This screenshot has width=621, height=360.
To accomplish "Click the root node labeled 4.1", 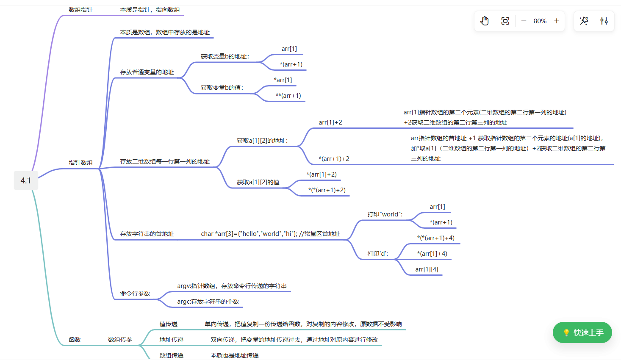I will tap(26, 180).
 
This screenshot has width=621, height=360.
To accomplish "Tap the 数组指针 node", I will tap(80, 10).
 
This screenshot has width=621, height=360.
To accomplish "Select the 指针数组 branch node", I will tap(80, 163).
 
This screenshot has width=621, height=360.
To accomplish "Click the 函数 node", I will tap(75, 340).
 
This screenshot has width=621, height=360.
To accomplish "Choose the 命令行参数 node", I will tap(135, 294).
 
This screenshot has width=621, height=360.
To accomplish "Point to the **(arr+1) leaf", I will tap(288, 96).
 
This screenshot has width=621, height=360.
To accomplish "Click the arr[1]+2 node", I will tap(330, 122).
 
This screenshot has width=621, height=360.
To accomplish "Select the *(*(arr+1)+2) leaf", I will tap(327, 190).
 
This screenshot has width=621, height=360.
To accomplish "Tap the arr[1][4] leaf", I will tap(427, 269).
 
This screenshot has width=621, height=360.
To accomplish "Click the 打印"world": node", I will tap(385, 214).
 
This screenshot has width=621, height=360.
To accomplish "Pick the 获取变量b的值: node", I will tap(222, 88).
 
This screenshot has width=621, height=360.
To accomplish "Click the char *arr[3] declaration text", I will tap(270, 234).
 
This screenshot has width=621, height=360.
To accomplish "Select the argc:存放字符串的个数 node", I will tap(208, 302).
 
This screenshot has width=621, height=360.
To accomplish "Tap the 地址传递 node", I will tap(171, 340).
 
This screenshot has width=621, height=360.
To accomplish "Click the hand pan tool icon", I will tap(485, 21).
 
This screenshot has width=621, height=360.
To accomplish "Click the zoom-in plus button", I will tap(557, 21).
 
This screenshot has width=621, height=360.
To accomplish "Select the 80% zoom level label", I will tap(540, 21).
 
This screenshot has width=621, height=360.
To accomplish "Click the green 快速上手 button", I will tap(582, 333).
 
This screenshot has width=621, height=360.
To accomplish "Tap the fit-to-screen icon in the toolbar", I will tap(505, 21).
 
